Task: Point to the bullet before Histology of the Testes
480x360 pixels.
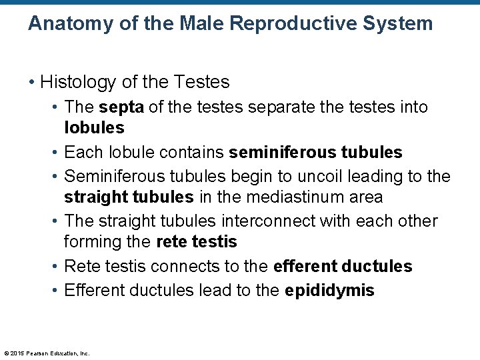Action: point(32,83)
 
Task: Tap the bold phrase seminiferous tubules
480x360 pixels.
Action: point(315,153)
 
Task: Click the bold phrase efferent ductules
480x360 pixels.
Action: point(343,267)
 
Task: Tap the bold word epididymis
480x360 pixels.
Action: point(329,290)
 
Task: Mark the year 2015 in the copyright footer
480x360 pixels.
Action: point(17,353)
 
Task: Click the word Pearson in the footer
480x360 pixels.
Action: point(37,353)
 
